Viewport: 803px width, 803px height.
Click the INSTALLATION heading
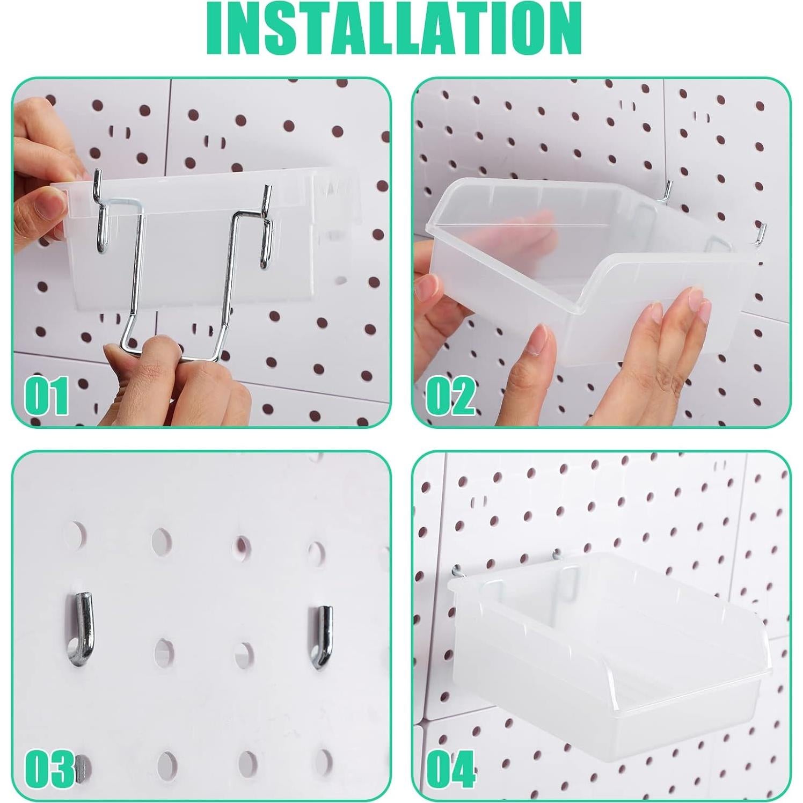pos(395,28)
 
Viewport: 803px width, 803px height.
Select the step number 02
pos(451,396)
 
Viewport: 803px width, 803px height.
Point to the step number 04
pos(451,769)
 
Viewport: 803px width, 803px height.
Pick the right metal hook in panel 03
pos(322,637)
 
